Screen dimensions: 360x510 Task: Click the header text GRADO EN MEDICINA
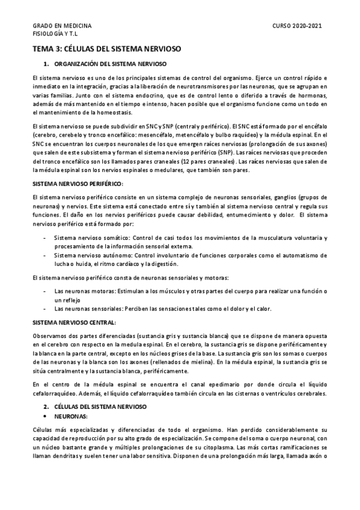click(x=62, y=26)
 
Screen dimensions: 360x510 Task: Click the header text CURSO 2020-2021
click(x=297, y=26)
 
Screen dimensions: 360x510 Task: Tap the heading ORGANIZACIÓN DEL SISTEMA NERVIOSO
click(x=110, y=64)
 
